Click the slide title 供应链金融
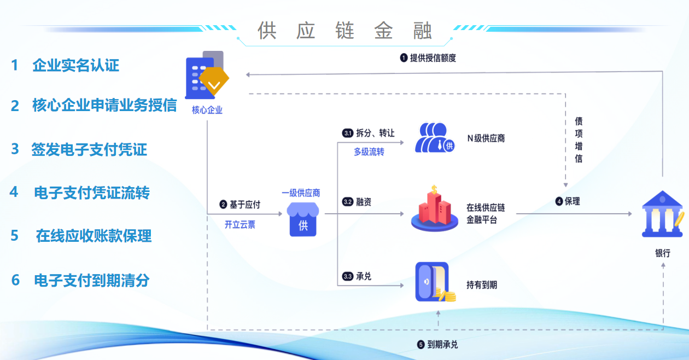344,31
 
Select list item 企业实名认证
75,66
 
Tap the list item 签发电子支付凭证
89,149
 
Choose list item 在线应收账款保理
94,236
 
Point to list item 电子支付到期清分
91,281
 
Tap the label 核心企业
207,110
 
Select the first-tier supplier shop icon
302,219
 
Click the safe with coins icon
435,282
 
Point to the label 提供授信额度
433,57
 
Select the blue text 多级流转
369,152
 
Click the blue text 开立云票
240,224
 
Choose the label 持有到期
481,285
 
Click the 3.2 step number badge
347,202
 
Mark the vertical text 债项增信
579,140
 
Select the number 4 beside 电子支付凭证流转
14,192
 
